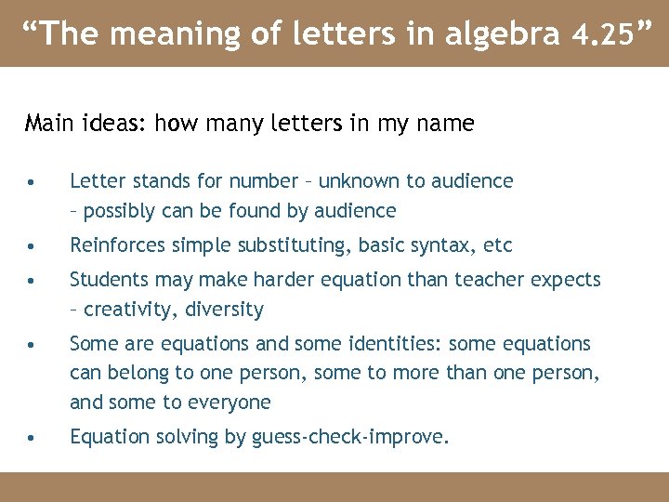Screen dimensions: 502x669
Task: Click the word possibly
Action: [x=119, y=211]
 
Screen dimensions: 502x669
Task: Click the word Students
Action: [x=110, y=280]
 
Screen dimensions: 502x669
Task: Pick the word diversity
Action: [x=228, y=310]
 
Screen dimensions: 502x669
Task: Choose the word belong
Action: [x=139, y=374]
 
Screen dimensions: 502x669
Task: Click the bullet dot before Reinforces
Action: [x=33, y=247]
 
